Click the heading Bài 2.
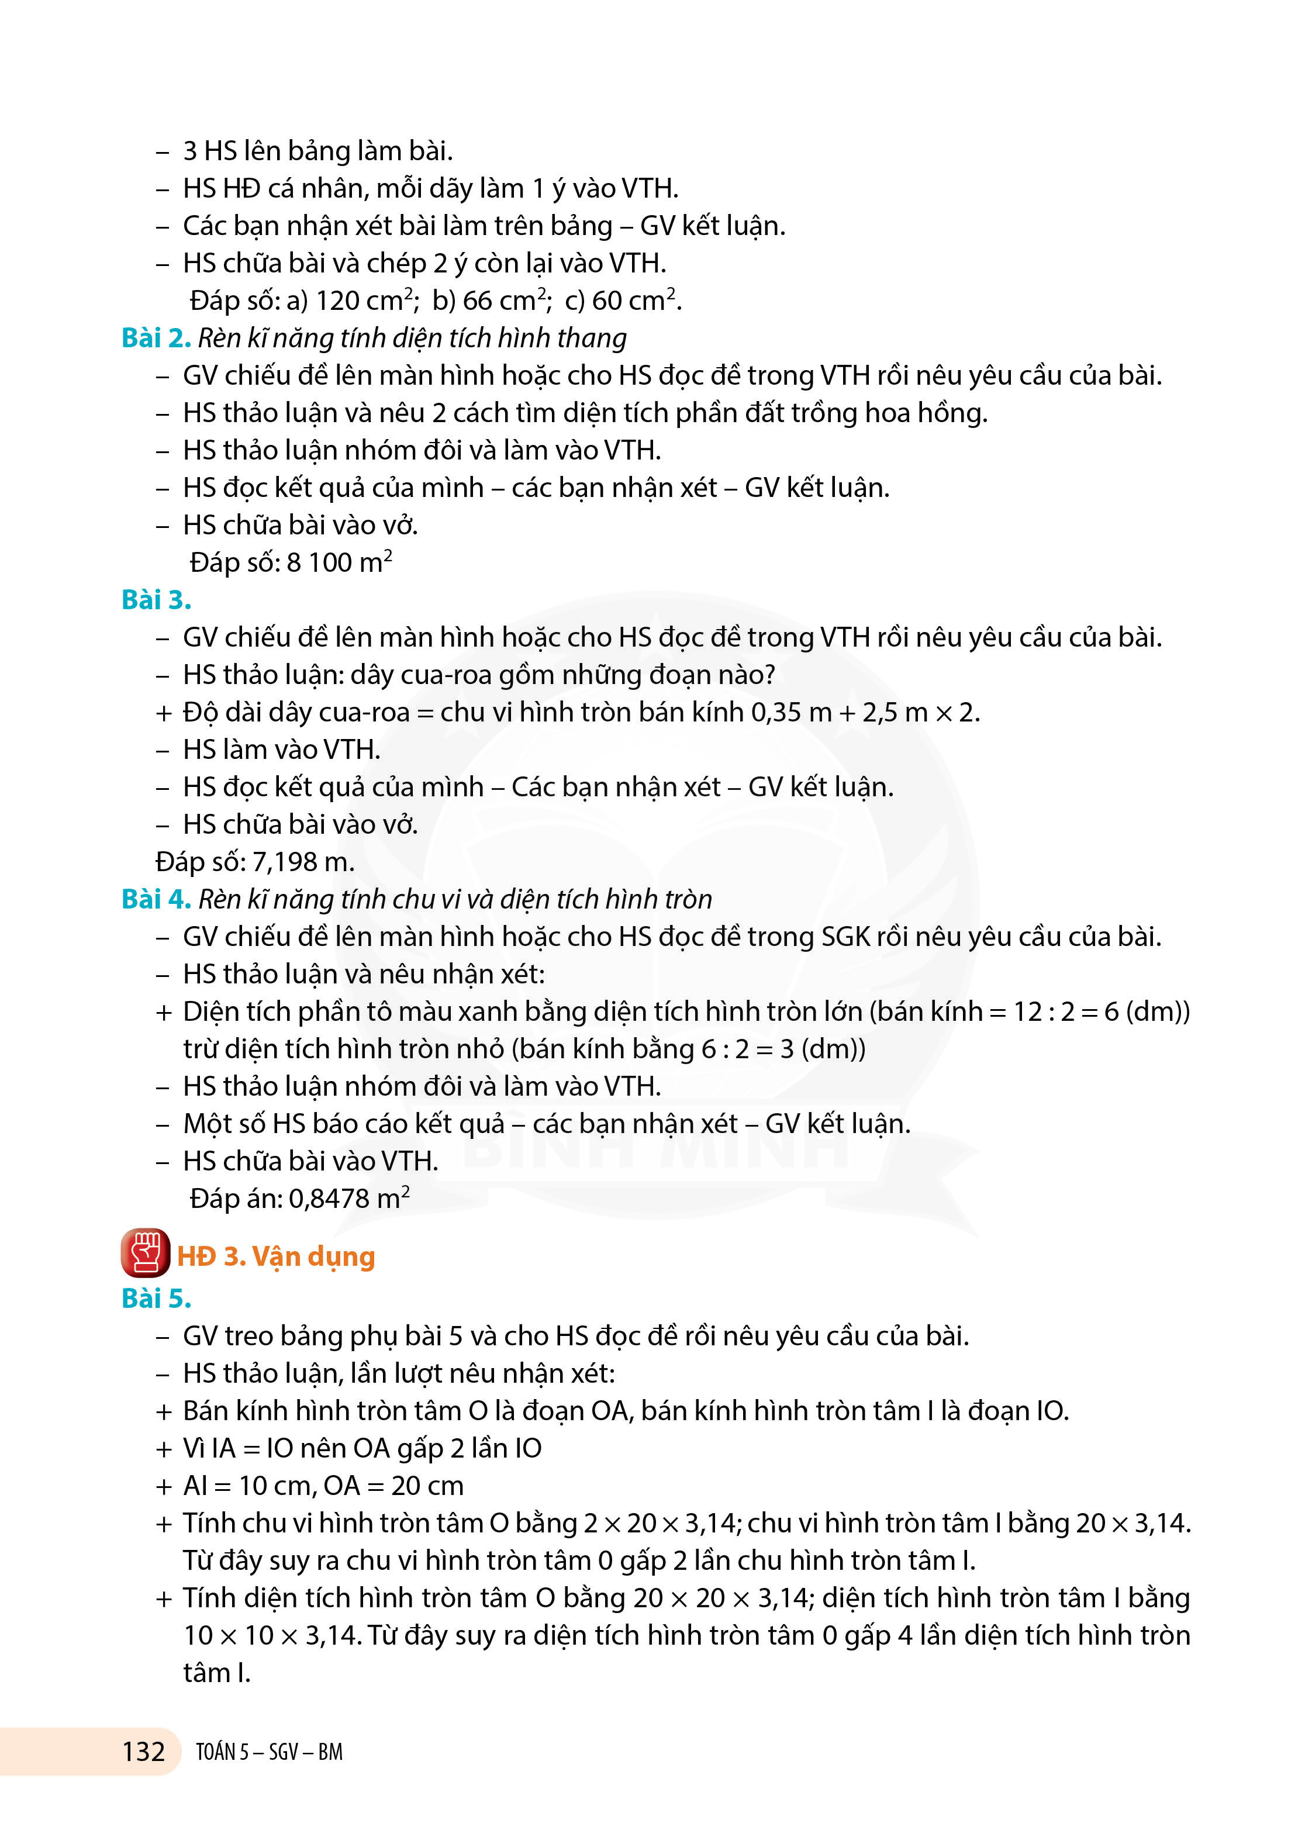[x=156, y=338]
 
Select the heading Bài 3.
[x=156, y=599]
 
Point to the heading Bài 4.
[x=156, y=899]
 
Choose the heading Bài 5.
[x=156, y=1299]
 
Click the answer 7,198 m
[x=303, y=862]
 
